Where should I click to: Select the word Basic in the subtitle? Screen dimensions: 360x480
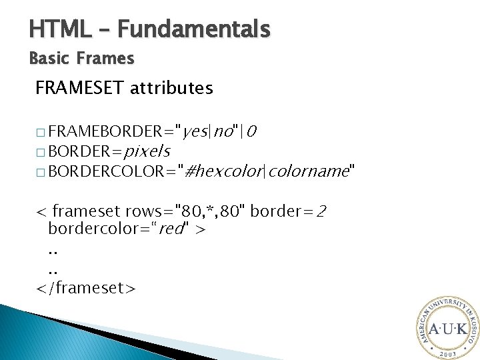coord(48,59)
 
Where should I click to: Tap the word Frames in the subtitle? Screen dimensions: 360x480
coord(105,59)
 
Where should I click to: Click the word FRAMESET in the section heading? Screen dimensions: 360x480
coord(81,88)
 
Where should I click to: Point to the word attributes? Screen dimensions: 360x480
coord(172,88)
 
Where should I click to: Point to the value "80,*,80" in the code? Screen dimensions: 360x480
coord(217,211)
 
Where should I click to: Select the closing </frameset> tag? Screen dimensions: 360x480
coord(86,287)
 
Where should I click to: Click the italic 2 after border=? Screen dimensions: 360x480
coord(321,212)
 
